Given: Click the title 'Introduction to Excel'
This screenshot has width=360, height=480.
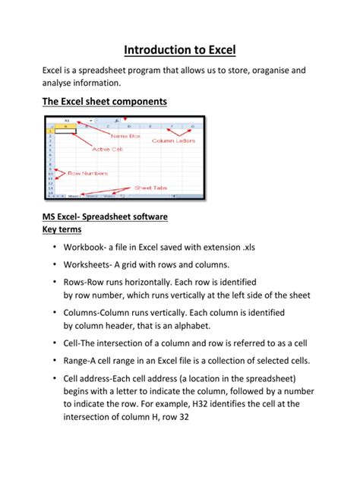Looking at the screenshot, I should point(180,50).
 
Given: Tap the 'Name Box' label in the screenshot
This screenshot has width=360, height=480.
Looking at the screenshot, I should point(125,136).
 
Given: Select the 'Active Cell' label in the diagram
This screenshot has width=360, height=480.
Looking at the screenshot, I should point(108,149).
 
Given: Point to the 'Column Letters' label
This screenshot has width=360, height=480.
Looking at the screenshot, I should point(174,141).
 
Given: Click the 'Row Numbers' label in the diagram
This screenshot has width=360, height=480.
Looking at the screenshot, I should point(87,173).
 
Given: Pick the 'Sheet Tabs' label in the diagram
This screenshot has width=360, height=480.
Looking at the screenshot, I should point(150,187).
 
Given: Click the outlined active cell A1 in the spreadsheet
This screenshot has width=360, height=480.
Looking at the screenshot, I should point(65,131).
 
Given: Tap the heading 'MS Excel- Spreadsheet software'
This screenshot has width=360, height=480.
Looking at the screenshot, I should point(105,216).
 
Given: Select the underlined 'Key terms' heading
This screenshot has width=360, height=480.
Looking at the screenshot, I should point(62,229).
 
